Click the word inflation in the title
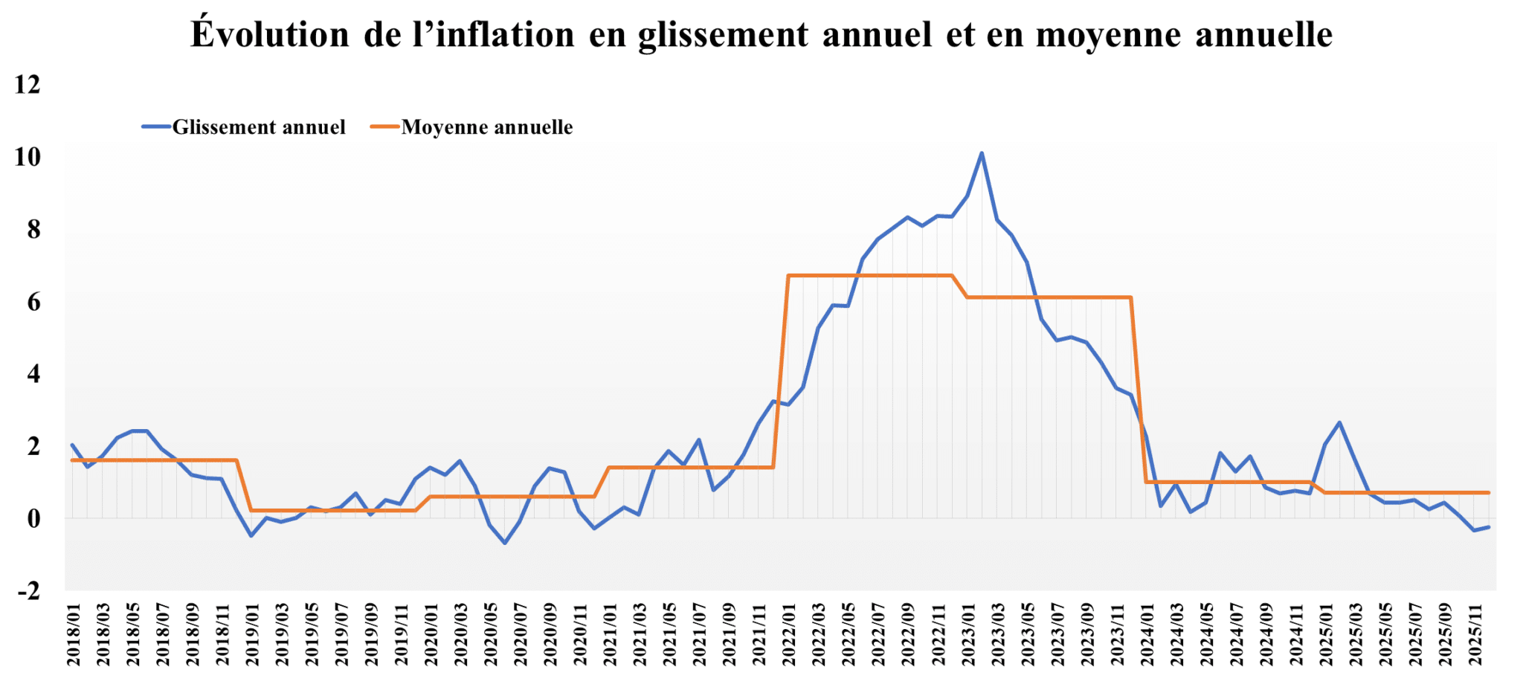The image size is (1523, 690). pyautogui.click(x=505, y=35)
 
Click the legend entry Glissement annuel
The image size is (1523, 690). pyautogui.click(x=258, y=127)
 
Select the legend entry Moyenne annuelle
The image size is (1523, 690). pyautogui.click(x=487, y=127)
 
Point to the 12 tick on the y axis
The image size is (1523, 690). pyautogui.click(x=28, y=85)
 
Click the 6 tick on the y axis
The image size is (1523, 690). pyautogui.click(x=33, y=302)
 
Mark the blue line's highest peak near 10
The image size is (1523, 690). pyautogui.click(x=982, y=154)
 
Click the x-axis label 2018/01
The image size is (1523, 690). pyautogui.click(x=74, y=635)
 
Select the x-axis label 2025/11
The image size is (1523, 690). pyautogui.click(x=1475, y=635)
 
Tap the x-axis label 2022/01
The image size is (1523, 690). pyautogui.click(x=789, y=635)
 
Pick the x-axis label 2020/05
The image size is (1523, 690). pyautogui.click(x=491, y=635)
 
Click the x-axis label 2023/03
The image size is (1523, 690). pyautogui.click(x=998, y=635)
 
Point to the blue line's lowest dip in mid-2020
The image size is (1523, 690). pyautogui.click(x=505, y=543)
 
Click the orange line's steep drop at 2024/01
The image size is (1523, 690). pyautogui.click(x=1139, y=387)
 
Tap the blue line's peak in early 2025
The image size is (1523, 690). pyautogui.click(x=1339, y=423)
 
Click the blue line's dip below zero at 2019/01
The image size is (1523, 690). pyautogui.click(x=251, y=535)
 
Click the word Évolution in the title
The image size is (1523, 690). pyautogui.click(x=269, y=35)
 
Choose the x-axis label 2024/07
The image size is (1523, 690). pyautogui.click(x=1236, y=635)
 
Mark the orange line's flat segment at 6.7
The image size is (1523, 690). pyautogui.click(x=870, y=276)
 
